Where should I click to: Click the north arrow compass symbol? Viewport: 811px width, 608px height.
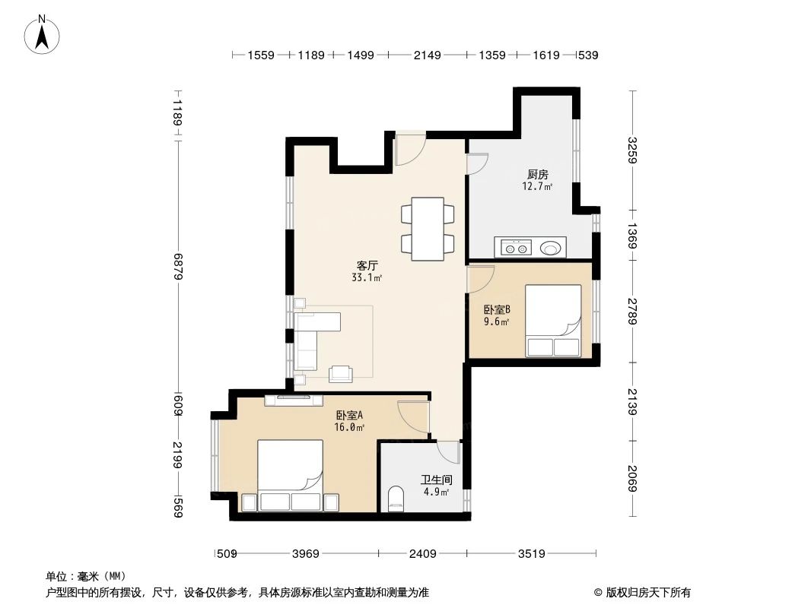(43, 35)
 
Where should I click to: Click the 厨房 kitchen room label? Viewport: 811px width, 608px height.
(537, 174)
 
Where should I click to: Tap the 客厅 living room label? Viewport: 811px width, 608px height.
(367, 266)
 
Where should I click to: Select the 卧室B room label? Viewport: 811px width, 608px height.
(497, 309)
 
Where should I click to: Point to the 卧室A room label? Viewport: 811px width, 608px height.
(349, 415)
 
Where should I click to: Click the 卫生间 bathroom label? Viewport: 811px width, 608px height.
(437, 480)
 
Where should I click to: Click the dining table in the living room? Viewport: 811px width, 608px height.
(428, 229)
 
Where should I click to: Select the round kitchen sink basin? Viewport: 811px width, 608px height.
(551, 247)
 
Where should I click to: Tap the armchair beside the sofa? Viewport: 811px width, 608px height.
(340, 373)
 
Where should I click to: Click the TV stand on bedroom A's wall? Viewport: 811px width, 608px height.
(294, 400)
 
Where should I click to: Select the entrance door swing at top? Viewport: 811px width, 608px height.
(409, 149)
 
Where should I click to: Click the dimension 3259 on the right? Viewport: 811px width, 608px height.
(631, 150)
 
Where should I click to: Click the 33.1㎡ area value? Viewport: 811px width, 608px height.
(367, 278)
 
